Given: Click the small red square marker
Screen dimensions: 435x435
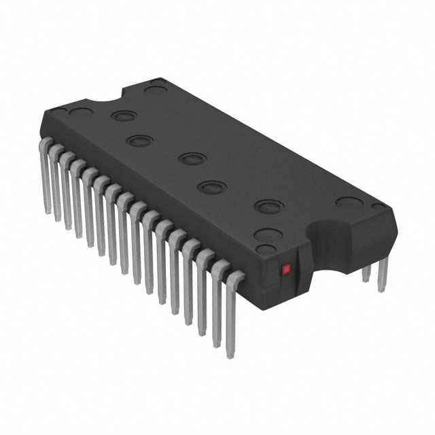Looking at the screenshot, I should click(286, 270).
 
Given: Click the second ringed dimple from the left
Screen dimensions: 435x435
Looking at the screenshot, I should click(138, 141).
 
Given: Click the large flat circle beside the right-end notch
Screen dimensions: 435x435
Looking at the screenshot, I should click(350, 203).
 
